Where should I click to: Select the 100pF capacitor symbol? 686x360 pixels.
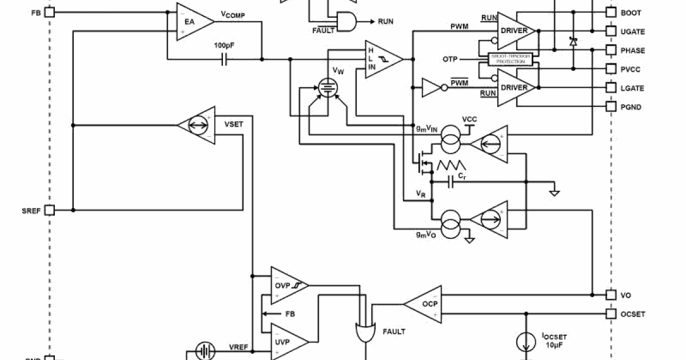pos(224,59)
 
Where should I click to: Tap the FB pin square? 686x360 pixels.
pos(50,12)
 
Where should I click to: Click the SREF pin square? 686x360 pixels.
pos(50,210)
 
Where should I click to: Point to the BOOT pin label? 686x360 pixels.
pos(631,13)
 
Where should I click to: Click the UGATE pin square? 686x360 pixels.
pos(611,31)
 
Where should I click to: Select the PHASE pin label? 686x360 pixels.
pos(633,50)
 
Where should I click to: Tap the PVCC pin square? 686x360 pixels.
pos(611,69)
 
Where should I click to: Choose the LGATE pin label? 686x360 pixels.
pos(632,88)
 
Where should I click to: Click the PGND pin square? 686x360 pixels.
pos(611,107)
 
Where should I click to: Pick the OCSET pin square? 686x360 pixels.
pos(611,314)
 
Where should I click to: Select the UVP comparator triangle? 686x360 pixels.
pos(286,342)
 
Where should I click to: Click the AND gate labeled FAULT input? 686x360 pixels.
pos(345,22)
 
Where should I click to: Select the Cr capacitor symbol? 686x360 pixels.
pos(451,182)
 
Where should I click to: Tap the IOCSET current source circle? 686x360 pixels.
pos(525,342)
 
